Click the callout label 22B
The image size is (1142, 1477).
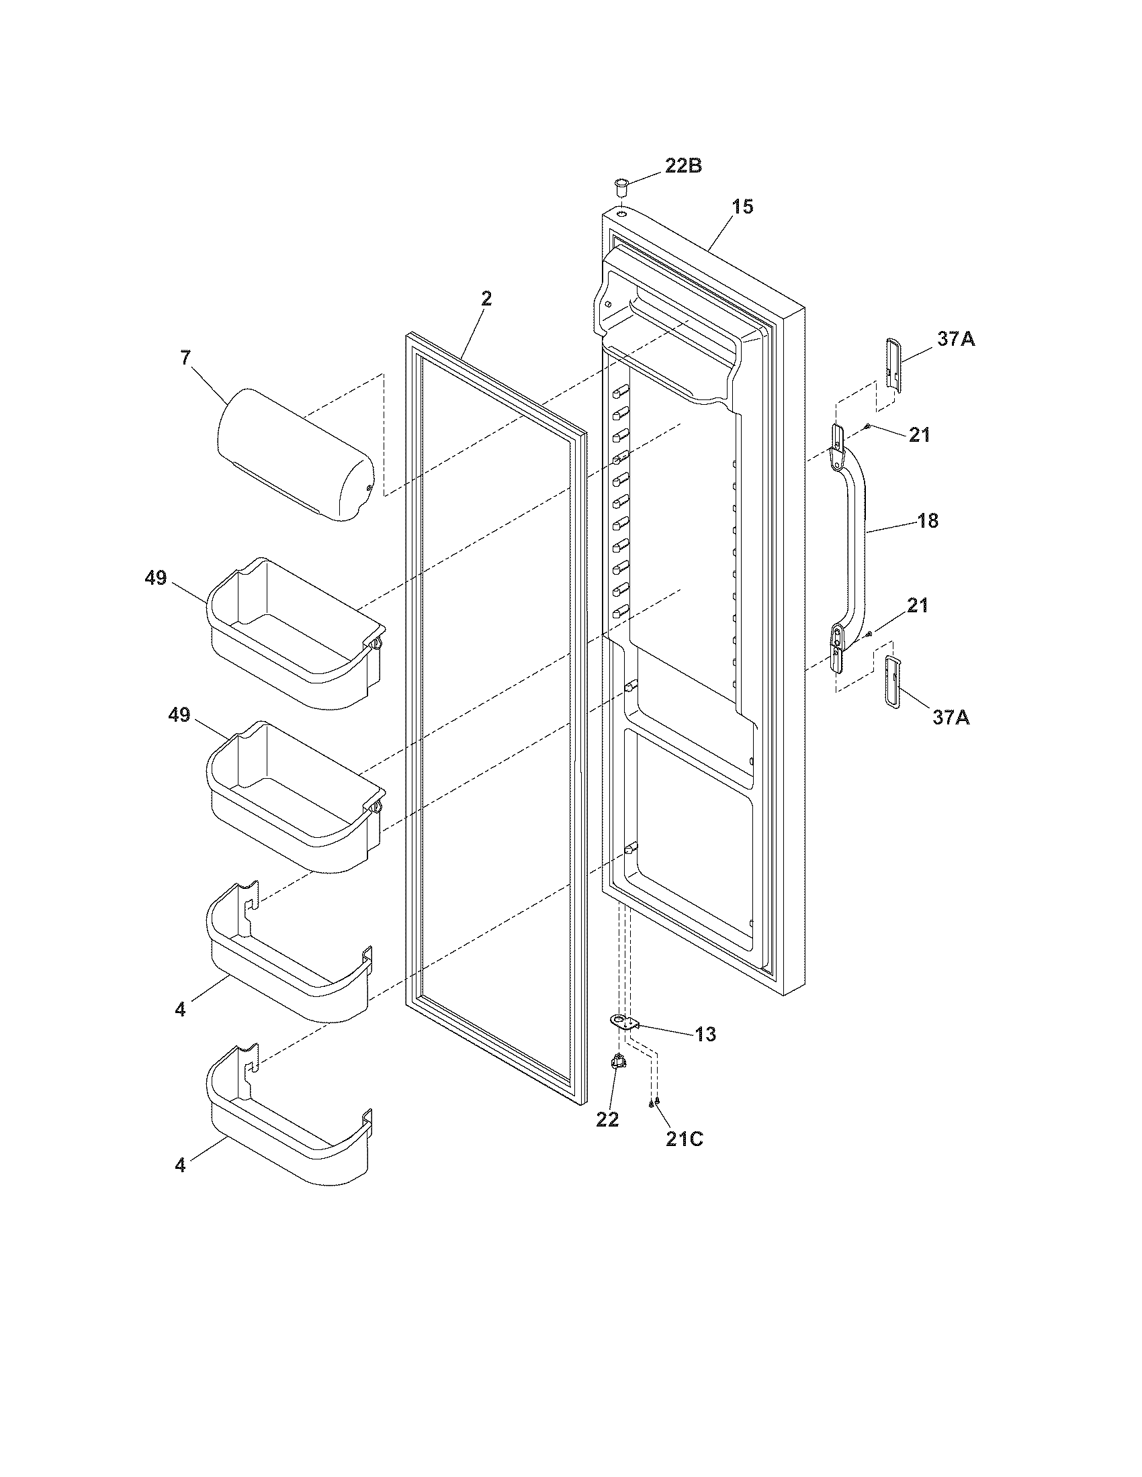(x=683, y=166)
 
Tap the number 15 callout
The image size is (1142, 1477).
(x=742, y=207)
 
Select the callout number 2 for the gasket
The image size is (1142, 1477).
(x=486, y=299)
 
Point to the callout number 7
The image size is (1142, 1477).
(x=185, y=359)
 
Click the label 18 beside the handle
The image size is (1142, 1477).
(x=928, y=521)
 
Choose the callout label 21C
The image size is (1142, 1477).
(x=684, y=1139)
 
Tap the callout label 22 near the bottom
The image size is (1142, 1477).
(x=607, y=1119)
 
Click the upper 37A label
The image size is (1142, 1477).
(x=956, y=339)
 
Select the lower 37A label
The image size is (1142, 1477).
(x=951, y=717)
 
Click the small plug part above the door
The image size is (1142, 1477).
(x=621, y=184)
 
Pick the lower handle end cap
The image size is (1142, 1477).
(x=893, y=682)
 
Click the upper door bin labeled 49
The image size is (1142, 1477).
(x=295, y=632)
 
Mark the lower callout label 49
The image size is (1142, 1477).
(x=179, y=715)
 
